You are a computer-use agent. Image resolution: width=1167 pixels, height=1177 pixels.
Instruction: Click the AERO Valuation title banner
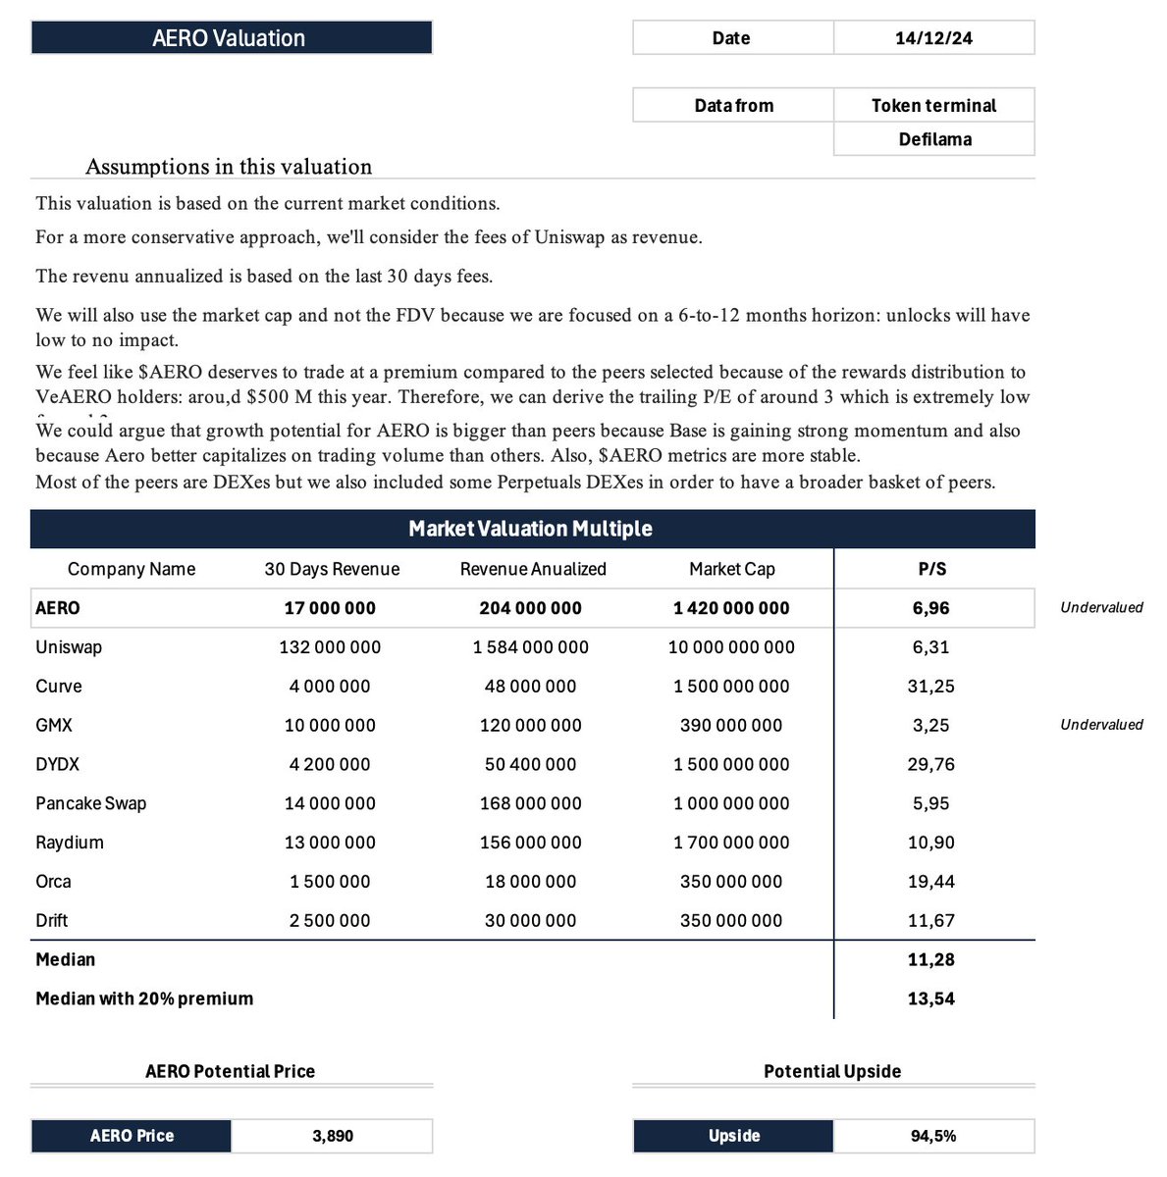pyautogui.click(x=231, y=38)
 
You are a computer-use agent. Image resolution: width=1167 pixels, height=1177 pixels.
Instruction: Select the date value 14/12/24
pyautogui.click(x=933, y=38)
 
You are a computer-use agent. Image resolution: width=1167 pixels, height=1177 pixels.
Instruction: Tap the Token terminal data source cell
pyautogui.click(x=933, y=106)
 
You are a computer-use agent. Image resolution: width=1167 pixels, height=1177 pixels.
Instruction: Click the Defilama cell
pyautogui.click(x=934, y=139)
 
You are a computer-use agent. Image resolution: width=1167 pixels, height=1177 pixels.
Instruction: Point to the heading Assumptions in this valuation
pyautogui.click(x=229, y=167)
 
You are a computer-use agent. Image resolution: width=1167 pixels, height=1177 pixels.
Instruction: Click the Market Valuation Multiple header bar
pyautogui.click(x=531, y=529)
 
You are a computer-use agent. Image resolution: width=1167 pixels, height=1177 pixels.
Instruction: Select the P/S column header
pyautogui.click(x=930, y=569)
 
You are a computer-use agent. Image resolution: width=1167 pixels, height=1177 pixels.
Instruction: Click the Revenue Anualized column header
pyautogui.click(x=533, y=569)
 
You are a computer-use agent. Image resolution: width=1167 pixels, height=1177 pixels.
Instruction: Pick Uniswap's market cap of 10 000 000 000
pyautogui.click(x=731, y=647)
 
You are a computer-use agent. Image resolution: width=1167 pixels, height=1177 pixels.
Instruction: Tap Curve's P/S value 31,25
pyautogui.click(x=930, y=687)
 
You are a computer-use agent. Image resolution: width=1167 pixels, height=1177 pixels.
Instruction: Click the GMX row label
pyautogui.click(x=54, y=726)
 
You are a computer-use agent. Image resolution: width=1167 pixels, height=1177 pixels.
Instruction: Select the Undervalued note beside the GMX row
pyautogui.click(x=1101, y=725)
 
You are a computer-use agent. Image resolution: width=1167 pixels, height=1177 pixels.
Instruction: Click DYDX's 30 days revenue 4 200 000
pyautogui.click(x=330, y=764)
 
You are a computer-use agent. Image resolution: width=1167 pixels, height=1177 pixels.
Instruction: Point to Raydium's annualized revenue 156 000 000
pyautogui.click(x=530, y=843)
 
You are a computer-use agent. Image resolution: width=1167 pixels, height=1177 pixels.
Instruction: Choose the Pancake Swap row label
pyautogui.click(x=91, y=803)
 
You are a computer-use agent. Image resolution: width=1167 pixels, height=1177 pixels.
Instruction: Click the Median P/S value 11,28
pyautogui.click(x=930, y=959)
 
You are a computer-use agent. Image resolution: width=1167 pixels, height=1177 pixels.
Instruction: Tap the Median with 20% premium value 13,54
pyautogui.click(x=930, y=998)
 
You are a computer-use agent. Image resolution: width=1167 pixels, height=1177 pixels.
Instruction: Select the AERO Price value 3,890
pyautogui.click(x=333, y=1136)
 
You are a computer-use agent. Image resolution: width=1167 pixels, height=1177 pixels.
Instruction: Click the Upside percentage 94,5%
pyautogui.click(x=932, y=1136)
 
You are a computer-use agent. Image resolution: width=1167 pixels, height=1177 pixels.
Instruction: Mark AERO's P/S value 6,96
pyautogui.click(x=930, y=608)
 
